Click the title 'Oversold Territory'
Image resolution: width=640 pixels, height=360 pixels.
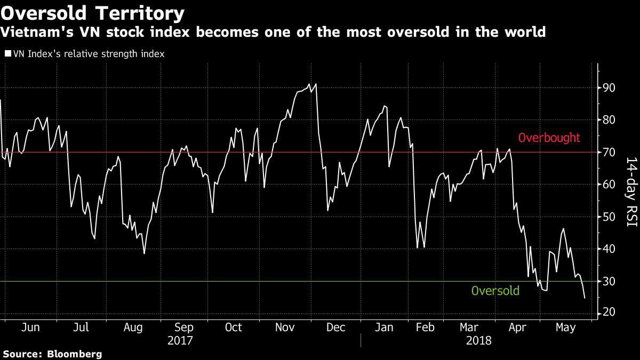(x=93, y=12)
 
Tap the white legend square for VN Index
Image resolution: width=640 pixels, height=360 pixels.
(x=7, y=54)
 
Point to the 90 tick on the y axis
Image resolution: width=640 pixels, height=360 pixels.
(x=609, y=87)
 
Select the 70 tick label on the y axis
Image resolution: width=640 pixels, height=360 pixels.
(x=609, y=153)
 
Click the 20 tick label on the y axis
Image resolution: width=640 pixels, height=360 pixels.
(x=609, y=313)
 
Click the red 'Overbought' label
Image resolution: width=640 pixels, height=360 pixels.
(x=549, y=138)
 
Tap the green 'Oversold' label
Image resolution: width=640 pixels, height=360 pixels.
(x=495, y=291)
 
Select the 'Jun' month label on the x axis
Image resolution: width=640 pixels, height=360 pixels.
(x=30, y=327)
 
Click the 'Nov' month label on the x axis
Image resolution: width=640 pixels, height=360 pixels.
(x=285, y=327)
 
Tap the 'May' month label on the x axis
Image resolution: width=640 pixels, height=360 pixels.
(x=566, y=327)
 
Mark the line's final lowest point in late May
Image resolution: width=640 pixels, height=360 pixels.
(x=585, y=298)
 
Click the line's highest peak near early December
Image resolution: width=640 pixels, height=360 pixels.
(x=316, y=84)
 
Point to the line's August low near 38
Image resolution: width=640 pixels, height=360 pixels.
(x=144, y=253)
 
